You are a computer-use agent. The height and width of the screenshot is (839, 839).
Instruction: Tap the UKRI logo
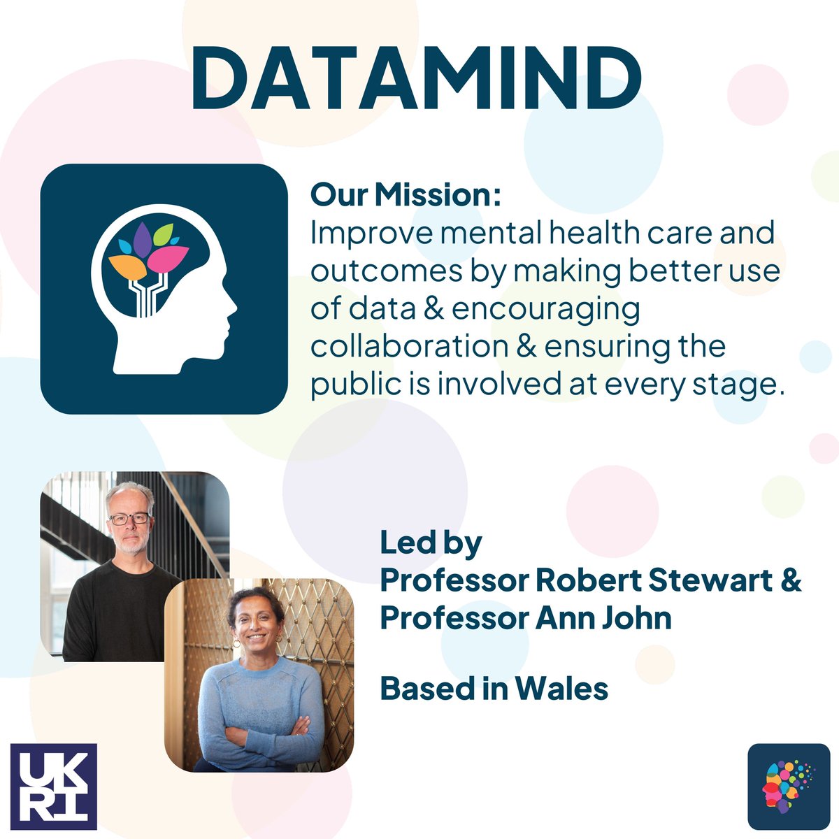coord(54,786)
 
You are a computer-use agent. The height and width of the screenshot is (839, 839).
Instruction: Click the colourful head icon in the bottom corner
coord(789,786)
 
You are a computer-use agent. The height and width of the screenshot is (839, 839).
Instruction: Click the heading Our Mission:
coord(406,195)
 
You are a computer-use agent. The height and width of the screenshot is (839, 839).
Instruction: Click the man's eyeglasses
coord(130,519)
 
